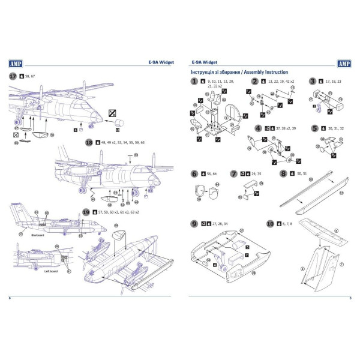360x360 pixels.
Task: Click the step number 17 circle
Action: pos(13,76)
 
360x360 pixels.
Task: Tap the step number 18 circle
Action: pos(89,142)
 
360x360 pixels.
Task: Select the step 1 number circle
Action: pos(194,81)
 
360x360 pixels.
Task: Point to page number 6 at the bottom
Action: pos(10,298)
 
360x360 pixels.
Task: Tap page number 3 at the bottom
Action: pos(350,298)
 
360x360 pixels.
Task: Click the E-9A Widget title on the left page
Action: pos(160,62)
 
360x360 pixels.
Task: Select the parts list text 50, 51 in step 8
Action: pos(303,173)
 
